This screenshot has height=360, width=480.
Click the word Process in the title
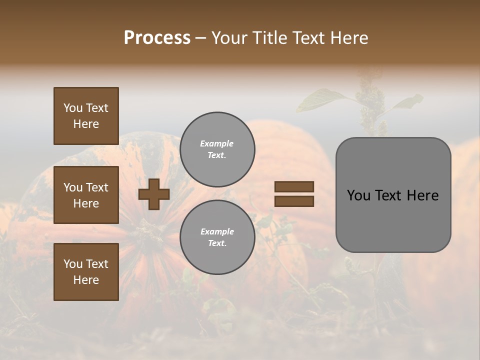click(157, 38)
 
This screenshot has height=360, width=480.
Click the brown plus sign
click(154, 194)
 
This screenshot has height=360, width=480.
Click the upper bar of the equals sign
click(294, 187)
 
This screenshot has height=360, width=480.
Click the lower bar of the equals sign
click(294, 201)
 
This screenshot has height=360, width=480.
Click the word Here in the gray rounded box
click(422, 195)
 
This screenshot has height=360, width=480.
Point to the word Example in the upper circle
click(216, 143)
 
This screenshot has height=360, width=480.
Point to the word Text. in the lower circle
click(217, 243)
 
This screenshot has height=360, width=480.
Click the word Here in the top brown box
click(86, 124)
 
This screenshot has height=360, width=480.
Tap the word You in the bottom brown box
click(73, 264)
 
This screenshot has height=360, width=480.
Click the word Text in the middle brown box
click(96, 187)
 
